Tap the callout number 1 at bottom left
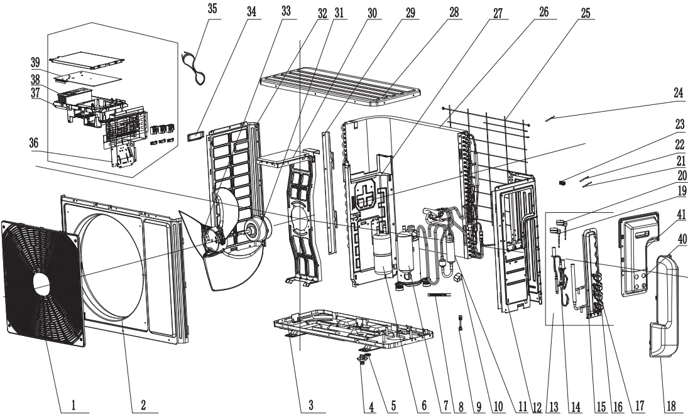click(x=73, y=406)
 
